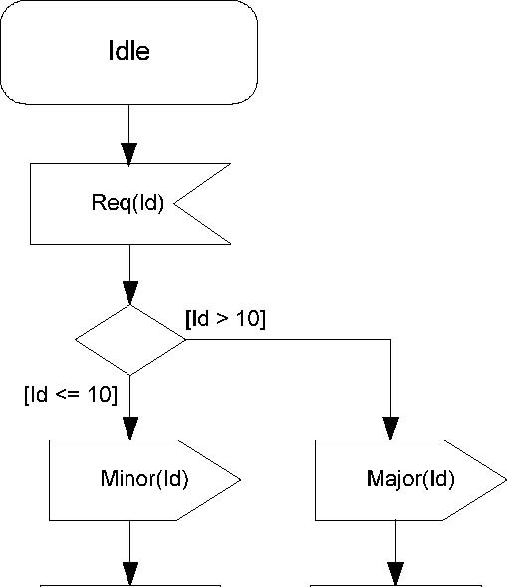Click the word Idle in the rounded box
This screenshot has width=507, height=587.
pos(129,50)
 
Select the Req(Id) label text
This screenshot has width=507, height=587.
pos(127,203)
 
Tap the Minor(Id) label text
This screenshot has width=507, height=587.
pos(144,478)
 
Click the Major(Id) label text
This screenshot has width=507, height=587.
pos(410,479)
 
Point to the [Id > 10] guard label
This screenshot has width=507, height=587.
pos(226,319)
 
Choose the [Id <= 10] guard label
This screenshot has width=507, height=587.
pos(71,395)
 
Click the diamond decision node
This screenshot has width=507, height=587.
pos(130,340)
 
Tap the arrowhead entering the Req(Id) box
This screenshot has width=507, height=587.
pos(129,154)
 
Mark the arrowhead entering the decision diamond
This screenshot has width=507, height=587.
pos(130,293)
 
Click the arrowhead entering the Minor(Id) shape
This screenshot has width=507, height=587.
pos(130,429)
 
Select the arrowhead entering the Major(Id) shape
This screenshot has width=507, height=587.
pos(391,429)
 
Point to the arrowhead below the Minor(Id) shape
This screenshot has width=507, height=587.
pos(130,573)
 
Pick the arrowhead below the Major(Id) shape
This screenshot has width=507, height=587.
pos(395,573)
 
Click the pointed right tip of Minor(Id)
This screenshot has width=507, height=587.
pos(240,480)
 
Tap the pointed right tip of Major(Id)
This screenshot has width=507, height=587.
pos(505,480)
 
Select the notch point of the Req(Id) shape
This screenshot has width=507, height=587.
pos(174,204)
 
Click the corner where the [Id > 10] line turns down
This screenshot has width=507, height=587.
pos(391,340)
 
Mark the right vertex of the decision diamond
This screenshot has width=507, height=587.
pos(185,340)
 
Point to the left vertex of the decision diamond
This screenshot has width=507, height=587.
pos(76,340)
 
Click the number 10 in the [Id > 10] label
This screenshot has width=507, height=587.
pos(248,318)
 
